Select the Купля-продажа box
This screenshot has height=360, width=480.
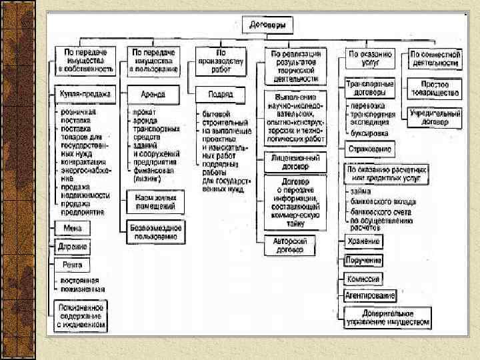point(84,94)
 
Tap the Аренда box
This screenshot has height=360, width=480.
point(153,95)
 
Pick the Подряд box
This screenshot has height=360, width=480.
point(220,95)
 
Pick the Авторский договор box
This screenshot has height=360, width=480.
point(294,245)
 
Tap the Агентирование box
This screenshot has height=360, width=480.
point(370,295)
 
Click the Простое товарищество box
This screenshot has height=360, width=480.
point(434,88)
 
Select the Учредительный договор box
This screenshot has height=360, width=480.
point(434,117)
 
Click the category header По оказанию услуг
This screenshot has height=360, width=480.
point(370,57)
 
